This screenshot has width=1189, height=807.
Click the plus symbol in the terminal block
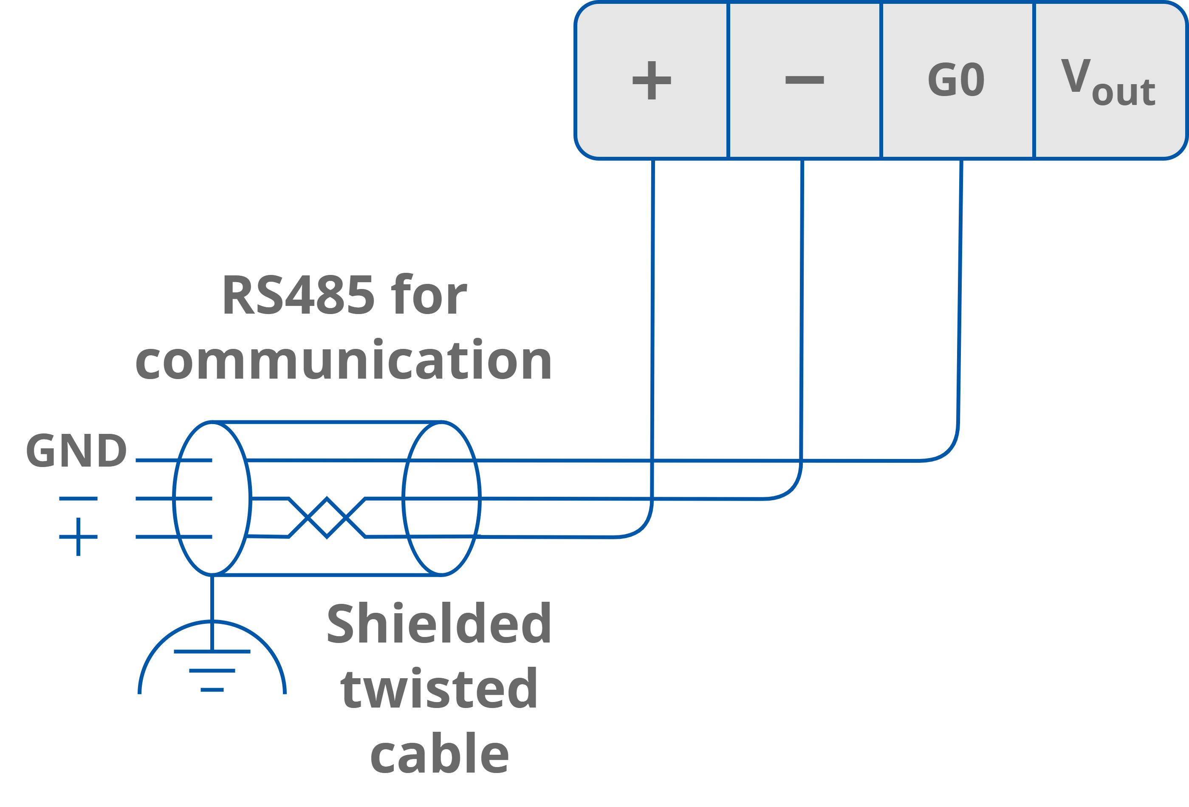click(x=651, y=80)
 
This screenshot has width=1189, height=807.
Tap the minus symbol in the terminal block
click(x=804, y=80)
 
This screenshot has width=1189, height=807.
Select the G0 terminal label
click(x=956, y=80)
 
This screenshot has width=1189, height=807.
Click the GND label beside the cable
click(x=76, y=451)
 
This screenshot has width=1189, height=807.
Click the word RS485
click(x=298, y=295)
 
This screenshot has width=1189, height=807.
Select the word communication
click(x=343, y=361)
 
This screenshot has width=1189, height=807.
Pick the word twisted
click(x=438, y=689)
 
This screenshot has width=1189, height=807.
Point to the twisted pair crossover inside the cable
click(x=327, y=517)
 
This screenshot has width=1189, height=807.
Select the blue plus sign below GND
click(x=78, y=537)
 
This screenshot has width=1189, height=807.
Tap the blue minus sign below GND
click(x=78, y=498)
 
